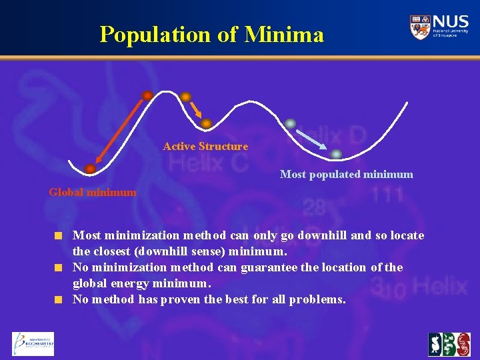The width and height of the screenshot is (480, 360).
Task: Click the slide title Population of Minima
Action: [x=211, y=33]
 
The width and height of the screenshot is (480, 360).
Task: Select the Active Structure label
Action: [x=205, y=146]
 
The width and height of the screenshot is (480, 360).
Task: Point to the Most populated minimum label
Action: [x=346, y=175]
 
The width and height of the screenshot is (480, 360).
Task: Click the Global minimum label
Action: [x=93, y=192]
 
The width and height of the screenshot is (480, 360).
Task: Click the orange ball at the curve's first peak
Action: [x=147, y=95]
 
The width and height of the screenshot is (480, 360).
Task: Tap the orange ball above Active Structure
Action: [x=207, y=123]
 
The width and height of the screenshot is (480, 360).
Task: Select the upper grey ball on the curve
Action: [x=290, y=123]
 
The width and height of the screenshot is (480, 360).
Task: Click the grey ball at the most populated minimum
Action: [x=337, y=154]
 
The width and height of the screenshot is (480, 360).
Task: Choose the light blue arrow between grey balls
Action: [x=313, y=138]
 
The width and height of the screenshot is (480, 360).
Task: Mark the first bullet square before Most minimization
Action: [x=59, y=235]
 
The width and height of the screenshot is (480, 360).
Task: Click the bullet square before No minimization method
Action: [x=59, y=267]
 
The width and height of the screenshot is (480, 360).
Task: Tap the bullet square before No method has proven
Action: [x=59, y=299]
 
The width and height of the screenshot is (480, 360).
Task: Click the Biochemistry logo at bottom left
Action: [x=33, y=344]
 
